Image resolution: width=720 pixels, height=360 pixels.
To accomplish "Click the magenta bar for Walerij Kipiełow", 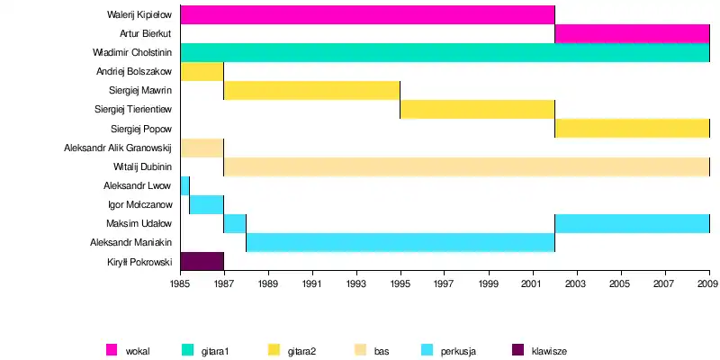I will pos(367,14).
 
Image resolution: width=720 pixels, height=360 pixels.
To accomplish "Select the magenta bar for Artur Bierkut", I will pos(632,34).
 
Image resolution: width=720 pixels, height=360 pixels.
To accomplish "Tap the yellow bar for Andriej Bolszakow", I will pos(202,72).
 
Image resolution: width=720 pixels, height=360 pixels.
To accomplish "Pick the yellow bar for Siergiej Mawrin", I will pos(311,90).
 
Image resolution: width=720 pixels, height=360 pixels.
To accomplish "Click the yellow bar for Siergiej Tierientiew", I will pos(477,110).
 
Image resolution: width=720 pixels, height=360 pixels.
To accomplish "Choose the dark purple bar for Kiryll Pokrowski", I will pos(202,261).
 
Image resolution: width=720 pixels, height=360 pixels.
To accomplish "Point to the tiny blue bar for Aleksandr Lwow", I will pos(184,185).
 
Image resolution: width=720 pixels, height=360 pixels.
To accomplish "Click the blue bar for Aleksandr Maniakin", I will pos(400,242).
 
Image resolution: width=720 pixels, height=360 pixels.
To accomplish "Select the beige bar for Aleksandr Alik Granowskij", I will pos(202,148).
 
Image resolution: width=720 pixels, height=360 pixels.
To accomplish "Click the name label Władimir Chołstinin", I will pos(132,53).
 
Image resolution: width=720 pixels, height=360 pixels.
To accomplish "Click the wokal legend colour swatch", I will pos(112,350).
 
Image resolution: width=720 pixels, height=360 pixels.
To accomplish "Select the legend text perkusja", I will pos(458,350).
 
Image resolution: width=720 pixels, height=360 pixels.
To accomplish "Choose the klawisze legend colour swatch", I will pos(517,350).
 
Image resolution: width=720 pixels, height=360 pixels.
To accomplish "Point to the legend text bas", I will pos(382,350).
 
